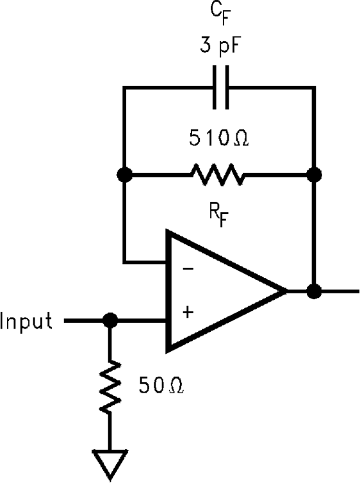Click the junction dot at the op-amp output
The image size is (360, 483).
pyautogui.click(x=314, y=291)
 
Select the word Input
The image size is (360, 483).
pyautogui.click(x=27, y=320)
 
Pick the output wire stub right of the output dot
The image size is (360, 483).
pyautogui.click(x=340, y=291)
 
